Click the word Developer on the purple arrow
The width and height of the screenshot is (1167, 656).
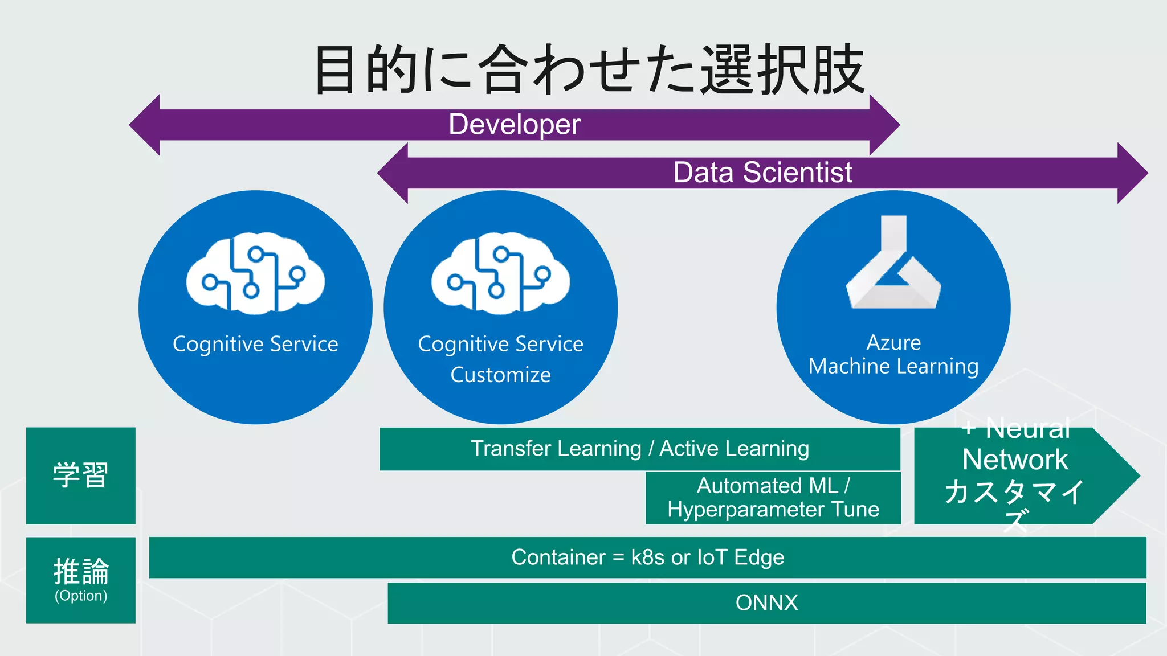coord(514,124)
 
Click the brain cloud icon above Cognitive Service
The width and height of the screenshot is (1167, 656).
coord(255,273)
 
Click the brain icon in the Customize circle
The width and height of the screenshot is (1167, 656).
coord(500,273)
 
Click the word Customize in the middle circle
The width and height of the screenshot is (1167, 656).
coord(500,375)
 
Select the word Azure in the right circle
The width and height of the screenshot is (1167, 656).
coord(893,342)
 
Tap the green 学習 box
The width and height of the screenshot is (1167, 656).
coord(81,475)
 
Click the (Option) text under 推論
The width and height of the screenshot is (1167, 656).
coord(81,596)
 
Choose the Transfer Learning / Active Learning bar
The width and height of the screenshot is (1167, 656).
coord(639,449)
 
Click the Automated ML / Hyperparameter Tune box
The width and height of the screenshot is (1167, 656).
coord(773,498)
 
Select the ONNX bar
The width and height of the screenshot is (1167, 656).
coord(766,602)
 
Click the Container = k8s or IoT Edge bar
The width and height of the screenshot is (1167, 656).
coord(647,557)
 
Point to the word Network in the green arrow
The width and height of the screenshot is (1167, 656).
coord(1015,460)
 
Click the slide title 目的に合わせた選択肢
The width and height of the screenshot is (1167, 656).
coord(589,69)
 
